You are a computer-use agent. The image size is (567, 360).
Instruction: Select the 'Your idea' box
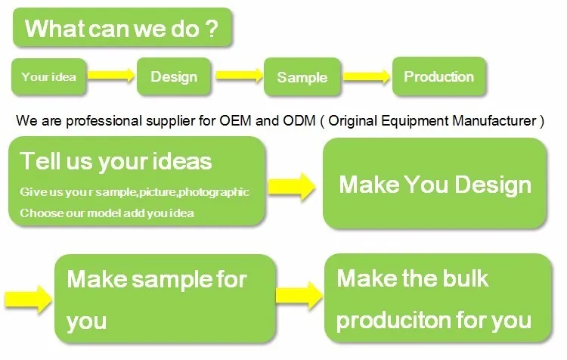(x=49, y=76)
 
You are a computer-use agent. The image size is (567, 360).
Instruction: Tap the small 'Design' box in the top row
(x=174, y=76)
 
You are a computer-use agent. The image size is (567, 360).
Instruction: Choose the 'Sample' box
(x=302, y=77)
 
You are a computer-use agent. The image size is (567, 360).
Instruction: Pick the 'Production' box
(x=438, y=76)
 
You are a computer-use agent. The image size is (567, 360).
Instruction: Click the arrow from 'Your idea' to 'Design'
(x=110, y=76)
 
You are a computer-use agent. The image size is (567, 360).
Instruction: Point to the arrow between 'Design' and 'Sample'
(x=239, y=76)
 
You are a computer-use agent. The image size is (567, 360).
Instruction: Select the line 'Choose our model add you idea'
(x=107, y=213)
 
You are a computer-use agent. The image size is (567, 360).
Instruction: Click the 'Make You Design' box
(x=435, y=185)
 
